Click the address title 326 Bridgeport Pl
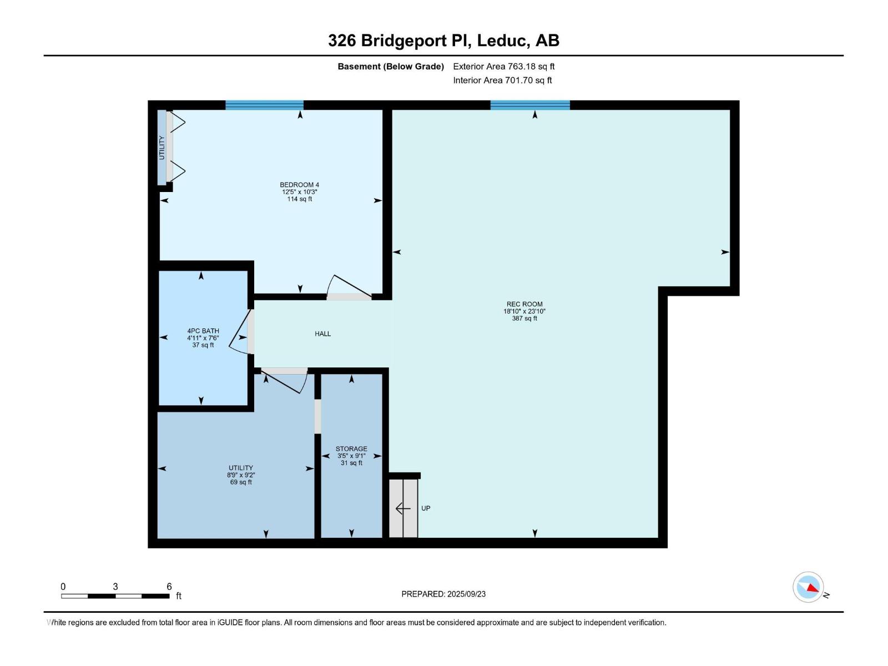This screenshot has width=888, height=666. pyautogui.click(x=399, y=41)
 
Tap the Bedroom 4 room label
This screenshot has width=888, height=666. pyautogui.click(x=299, y=185)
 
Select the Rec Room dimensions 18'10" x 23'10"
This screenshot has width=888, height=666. pyautogui.click(x=524, y=311)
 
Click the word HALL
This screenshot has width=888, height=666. pyautogui.click(x=323, y=334)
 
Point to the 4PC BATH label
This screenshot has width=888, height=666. pyautogui.click(x=203, y=331)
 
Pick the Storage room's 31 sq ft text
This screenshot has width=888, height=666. pyautogui.click(x=351, y=463)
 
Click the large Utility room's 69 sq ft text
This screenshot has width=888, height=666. pyautogui.click(x=241, y=482)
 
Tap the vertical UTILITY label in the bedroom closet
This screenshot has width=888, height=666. pyautogui.click(x=162, y=148)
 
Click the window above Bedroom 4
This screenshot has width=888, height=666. pyautogui.click(x=264, y=105)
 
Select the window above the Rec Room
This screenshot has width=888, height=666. pyautogui.click(x=530, y=105)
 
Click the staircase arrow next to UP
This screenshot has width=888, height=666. pyautogui.click(x=403, y=508)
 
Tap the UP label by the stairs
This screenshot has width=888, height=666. pyautogui.click(x=426, y=508)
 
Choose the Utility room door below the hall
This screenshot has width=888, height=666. pyautogui.click(x=285, y=380)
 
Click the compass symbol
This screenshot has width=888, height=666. pyautogui.click(x=808, y=587)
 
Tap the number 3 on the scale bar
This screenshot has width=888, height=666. pyautogui.click(x=115, y=586)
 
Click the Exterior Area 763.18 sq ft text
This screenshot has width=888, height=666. pyautogui.click(x=504, y=66)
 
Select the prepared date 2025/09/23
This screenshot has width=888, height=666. pyautogui.click(x=466, y=594)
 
